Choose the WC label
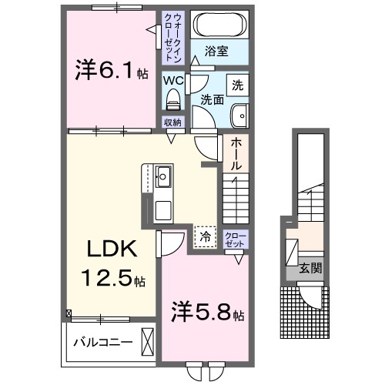pyautogui.click(x=172, y=78)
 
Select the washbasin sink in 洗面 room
pyautogui.click(x=238, y=115)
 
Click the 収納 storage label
pyautogui.click(x=172, y=122)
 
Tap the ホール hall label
pyautogui.click(x=236, y=153)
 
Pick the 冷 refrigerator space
pyautogui.click(x=205, y=237)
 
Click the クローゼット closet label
pyautogui.click(x=235, y=239)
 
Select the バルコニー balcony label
pyautogui.click(x=103, y=341)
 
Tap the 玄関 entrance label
pyautogui.click(x=310, y=269)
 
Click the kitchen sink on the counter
pyautogui.click(x=163, y=179)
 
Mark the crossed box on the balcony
pyautogui.click(x=149, y=340)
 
